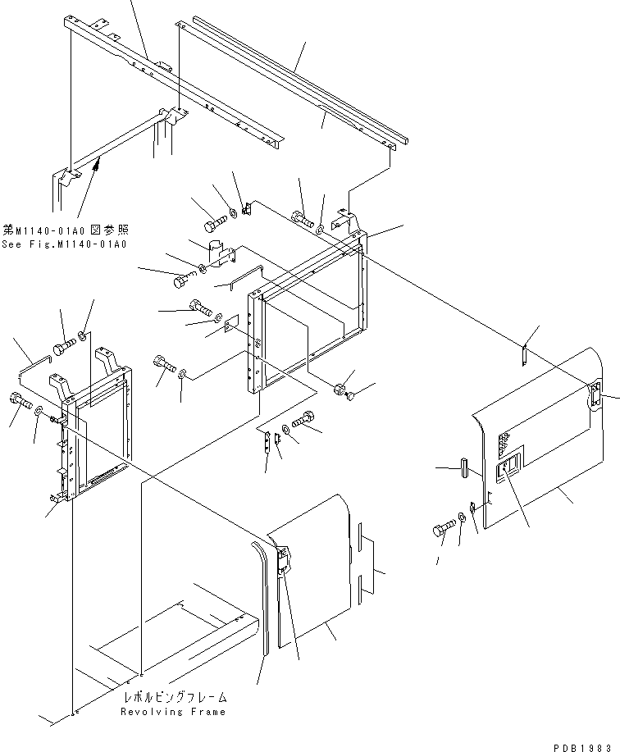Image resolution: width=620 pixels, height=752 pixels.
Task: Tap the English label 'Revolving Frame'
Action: (x=173, y=712)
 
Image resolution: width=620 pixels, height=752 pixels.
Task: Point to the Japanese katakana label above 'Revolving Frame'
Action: (x=174, y=697)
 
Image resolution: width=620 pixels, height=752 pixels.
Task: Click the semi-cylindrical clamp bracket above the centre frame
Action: (x=220, y=253)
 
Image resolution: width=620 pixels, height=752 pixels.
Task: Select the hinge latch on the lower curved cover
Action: (x=281, y=561)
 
